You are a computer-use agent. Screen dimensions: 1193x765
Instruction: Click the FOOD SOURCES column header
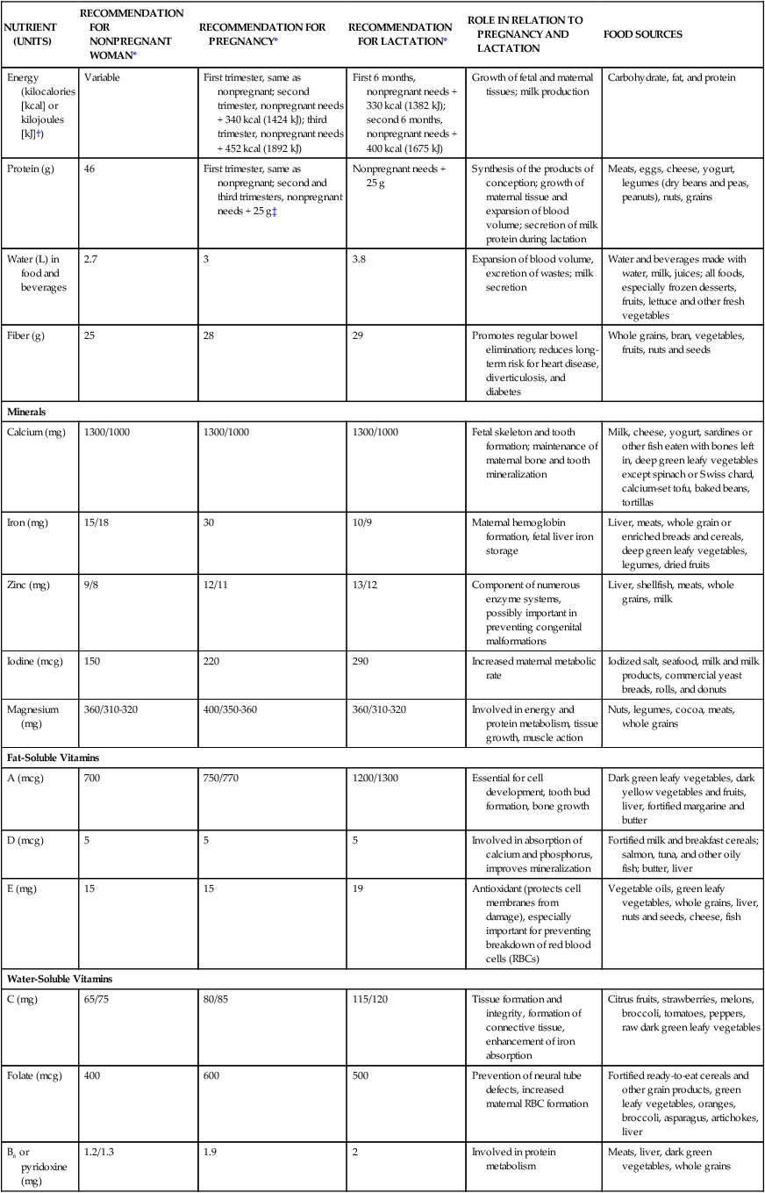click(x=643, y=35)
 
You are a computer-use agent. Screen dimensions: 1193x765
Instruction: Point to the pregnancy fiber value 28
click(x=209, y=336)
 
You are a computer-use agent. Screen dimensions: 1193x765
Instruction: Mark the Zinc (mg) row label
click(x=28, y=586)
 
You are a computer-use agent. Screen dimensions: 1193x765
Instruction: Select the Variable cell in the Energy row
click(x=102, y=78)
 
